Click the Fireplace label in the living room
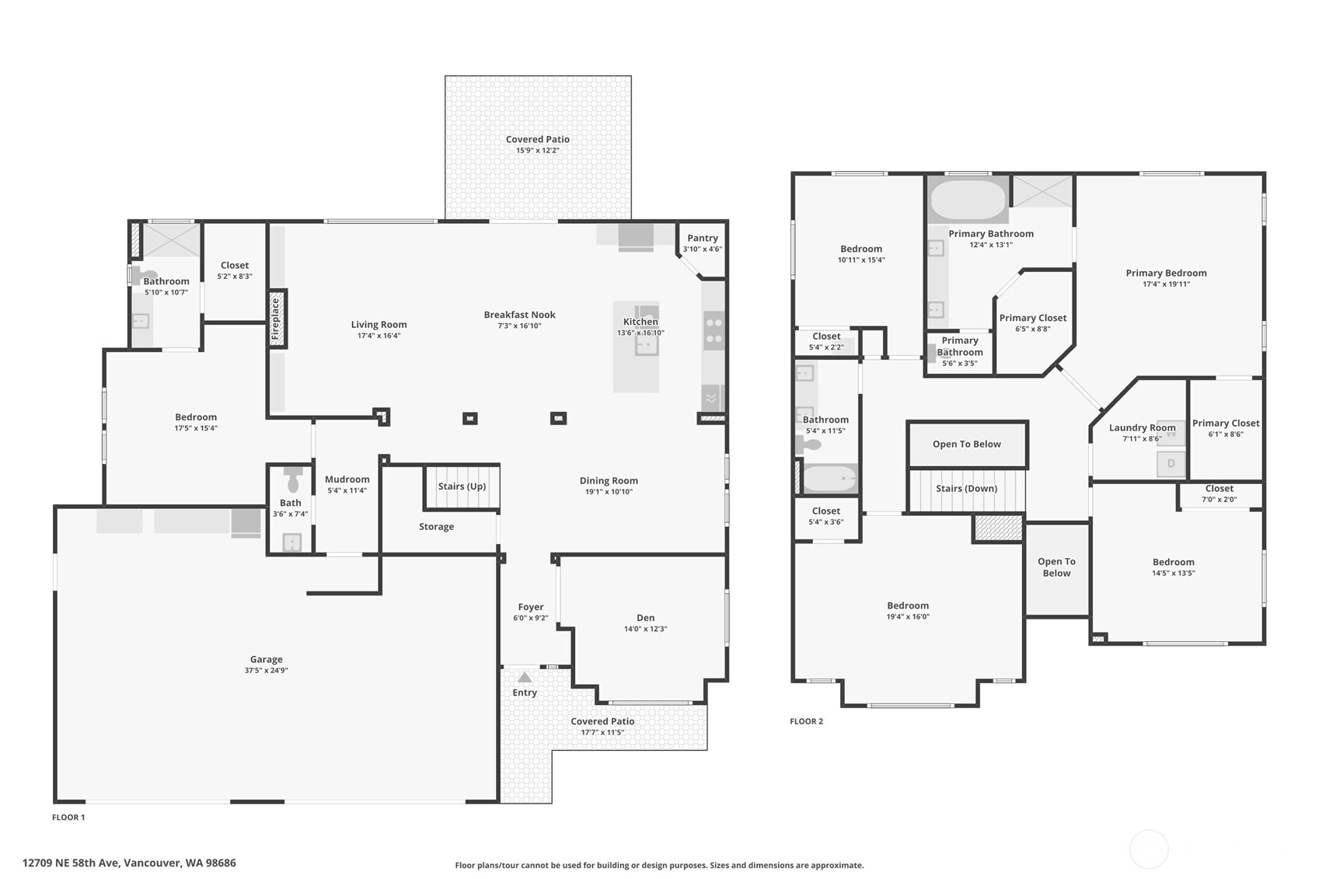pos(275,319)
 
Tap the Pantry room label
pos(703,238)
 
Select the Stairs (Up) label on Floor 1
pos(462,487)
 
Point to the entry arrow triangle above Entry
pos(525,678)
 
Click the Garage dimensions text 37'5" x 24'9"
pos(266,670)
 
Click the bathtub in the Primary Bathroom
pos(968,199)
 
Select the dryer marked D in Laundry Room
pos(1171,463)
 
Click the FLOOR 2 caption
pos(806,721)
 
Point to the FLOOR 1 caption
pos(68,817)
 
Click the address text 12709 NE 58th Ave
pos(71,863)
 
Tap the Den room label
pos(645,618)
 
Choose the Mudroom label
pos(347,480)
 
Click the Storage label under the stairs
pos(436,527)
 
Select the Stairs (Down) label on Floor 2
pos(966,489)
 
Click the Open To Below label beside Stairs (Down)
pos(966,444)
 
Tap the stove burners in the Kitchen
pos(714,330)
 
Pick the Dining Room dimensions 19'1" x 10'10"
pos(609,492)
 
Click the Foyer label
pos(531,607)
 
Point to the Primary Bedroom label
pos(1166,273)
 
